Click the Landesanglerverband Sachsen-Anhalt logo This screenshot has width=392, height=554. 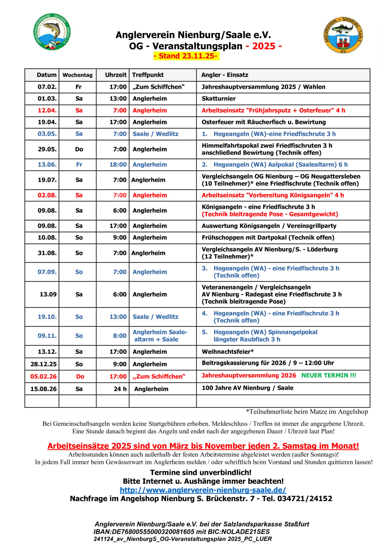52,32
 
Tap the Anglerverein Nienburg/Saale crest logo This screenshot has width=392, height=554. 343,35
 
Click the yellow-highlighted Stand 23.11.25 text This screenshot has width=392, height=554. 186,56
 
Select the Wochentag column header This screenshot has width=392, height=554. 77,75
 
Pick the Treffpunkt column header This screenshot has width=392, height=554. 148,75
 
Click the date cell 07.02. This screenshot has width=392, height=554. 47,87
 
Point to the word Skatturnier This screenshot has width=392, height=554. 219,99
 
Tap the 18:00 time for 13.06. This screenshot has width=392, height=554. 118,165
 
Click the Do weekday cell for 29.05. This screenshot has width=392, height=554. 79,149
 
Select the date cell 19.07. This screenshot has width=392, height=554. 47,180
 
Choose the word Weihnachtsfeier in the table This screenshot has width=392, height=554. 227,352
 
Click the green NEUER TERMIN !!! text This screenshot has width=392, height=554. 329,375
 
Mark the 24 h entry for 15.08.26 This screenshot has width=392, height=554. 120,389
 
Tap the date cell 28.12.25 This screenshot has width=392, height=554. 44,364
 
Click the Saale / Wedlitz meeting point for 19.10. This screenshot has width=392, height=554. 155,317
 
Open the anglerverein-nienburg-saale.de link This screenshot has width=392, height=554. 203,490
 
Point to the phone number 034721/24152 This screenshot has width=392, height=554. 305,499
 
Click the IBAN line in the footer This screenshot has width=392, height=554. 181,531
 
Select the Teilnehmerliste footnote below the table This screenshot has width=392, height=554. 307,412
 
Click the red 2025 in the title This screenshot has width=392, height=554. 264,46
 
